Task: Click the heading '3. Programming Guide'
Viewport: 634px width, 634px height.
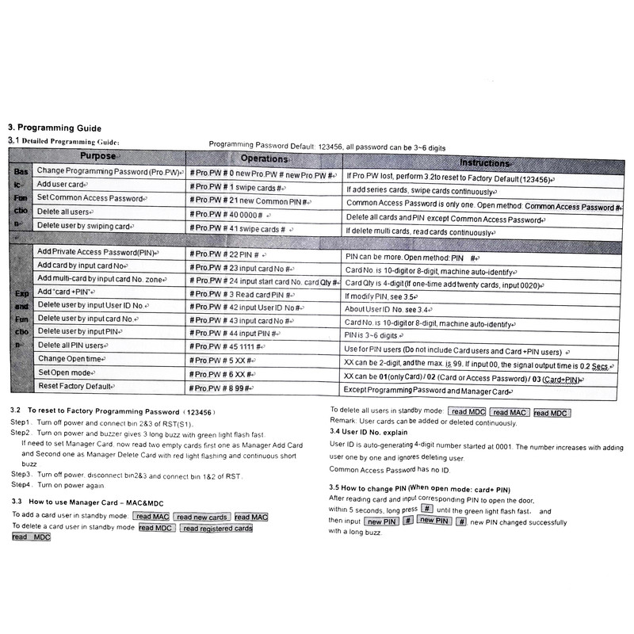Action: [55, 127]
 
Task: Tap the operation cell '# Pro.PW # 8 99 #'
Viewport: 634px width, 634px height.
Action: [221, 388]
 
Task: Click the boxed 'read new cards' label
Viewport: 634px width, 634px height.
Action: [202, 517]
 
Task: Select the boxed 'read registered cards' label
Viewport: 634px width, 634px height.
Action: [216, 528]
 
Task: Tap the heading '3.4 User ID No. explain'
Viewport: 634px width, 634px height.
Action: [369, 432]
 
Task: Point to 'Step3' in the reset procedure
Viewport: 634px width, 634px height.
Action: [21, 474]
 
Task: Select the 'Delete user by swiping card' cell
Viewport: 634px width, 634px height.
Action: [84, 226]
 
